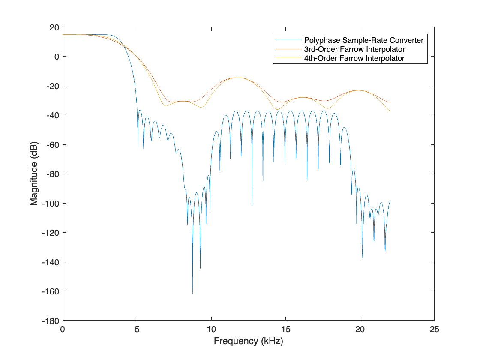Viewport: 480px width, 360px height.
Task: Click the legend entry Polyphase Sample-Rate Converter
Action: pyautogui.click(x=364, y=40)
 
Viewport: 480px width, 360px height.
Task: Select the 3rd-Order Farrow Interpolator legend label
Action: pyautogui.click(x=354, y=49)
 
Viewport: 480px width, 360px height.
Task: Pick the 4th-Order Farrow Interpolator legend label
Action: pyautogui.click(x=354, y=58)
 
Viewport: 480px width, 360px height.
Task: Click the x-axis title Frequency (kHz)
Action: pyautogui.click(x=249, y=342)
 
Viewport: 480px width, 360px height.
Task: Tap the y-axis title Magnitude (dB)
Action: pyautogui.click(x=34, y=174)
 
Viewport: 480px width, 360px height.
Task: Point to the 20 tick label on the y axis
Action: pyautogui.click(x=54, y=27)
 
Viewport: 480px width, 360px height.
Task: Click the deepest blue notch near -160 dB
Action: pyautogui.click(x=192, y=293)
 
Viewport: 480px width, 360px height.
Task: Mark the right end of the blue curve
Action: pyautogui.click(x=390, y=201)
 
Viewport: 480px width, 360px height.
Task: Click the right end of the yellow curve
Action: pyautogui.click(x=390, y=111)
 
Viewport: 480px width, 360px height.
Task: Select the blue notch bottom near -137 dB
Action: pyautogui.click(x=363, y=257)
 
